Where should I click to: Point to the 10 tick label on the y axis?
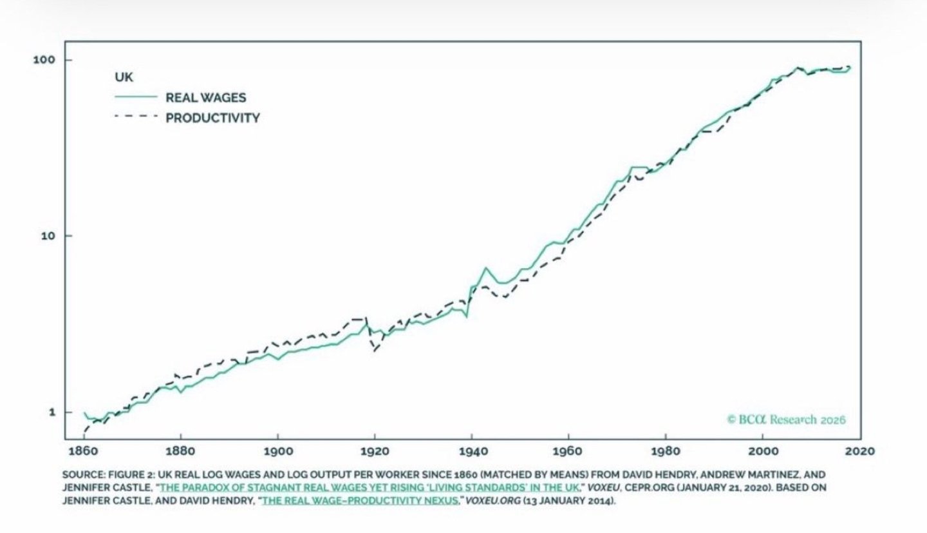(48, 236)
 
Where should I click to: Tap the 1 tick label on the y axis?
(51, 412)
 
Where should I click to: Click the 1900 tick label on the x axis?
(277, 451)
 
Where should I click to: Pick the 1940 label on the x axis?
(472, 451)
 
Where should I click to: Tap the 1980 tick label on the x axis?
(666, 451)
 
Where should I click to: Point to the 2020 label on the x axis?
(861, 451)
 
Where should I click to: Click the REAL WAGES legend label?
(205, 98)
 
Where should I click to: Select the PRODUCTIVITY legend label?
(212, 118)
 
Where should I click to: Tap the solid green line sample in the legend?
(135, 97)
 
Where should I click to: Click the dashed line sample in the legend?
(135, 117)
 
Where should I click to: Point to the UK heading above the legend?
(124, 77)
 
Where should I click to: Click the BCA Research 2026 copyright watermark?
(786, 420)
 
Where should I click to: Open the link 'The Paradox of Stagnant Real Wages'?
(370, 488)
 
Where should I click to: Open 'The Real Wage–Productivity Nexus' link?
(360, 501)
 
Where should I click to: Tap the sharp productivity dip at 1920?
(374, 351)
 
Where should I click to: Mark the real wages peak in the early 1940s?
(485, 267)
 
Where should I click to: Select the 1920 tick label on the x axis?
(375, 451)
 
